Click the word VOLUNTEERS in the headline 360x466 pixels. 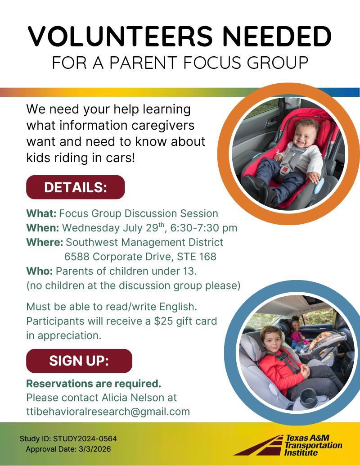tap(120, 36)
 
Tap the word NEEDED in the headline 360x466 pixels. tap(277, 36)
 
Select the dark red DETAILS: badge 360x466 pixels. tap(76, 187)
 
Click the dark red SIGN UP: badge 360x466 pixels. tap(79, 361)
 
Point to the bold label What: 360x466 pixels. tap(41, 213)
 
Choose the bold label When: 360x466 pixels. tap(43, 228)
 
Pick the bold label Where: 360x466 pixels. tap(45, 242)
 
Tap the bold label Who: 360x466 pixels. tap(40, 271)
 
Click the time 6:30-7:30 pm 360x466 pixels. tap(204, 228)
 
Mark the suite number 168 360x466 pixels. tap(207, 257)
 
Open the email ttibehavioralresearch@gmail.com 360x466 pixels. tap(108, 412)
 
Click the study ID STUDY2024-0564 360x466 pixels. tap(85, 439)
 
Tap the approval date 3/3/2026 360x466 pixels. tap(95, 449)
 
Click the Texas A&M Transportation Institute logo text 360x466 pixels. tap(313, 445)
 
